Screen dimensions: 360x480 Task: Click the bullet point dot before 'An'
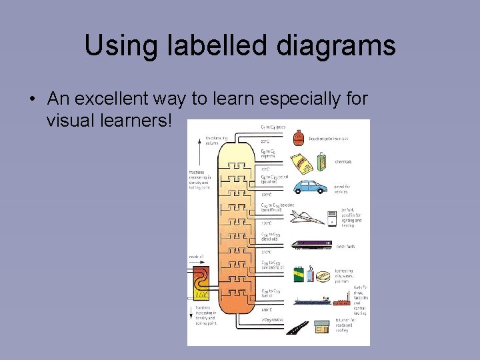pos(32,99)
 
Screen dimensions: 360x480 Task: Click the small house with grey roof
pos(323,327)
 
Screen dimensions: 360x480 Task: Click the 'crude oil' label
pos(196,257)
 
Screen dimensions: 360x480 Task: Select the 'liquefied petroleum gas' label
pos(332,138)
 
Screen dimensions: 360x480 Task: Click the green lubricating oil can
pos(299,275)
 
